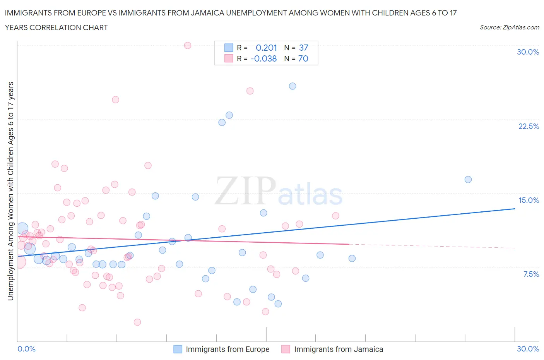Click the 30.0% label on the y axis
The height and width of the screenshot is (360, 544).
click(528, 52)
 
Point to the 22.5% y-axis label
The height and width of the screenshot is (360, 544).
click(529, 126)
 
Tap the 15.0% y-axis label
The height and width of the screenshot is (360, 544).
click(529, 200)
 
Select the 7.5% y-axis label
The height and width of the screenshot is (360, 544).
click(531, 274)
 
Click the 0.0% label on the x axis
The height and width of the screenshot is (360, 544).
click(27, 349)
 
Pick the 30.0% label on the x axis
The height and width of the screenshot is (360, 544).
click(528, 349)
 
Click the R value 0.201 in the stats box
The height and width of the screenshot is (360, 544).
click(267, 48)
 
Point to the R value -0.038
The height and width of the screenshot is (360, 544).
click(263, 58)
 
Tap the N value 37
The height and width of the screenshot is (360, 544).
click(304, 48)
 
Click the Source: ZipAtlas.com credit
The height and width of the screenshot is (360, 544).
click(509, 27)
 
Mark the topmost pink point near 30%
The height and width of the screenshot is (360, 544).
click(188, 45)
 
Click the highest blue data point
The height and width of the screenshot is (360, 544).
click(293, 86)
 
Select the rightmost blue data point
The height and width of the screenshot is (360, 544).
click(468, 179)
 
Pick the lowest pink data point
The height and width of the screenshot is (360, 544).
click(137, 322)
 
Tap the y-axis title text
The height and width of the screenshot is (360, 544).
click(11, 191)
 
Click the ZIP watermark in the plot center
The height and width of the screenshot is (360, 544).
click(245, 191)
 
